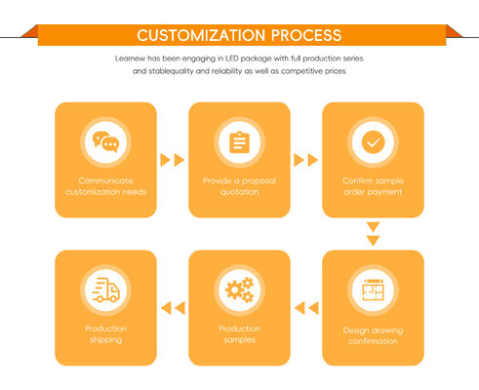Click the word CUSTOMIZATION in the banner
(201, 35)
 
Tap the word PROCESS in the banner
(306, 35)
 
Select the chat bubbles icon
(105, 142)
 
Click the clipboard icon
(239, 142)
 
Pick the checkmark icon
(373, 142)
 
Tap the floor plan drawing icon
(373, 290)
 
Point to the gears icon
(240, 290)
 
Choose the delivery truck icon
(105, 290)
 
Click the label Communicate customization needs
(105, 186)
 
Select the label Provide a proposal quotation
(240, 186)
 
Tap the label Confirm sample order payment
(373, 186)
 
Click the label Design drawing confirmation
(373, 335)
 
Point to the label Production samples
(240, 333)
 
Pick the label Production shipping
(105, 333)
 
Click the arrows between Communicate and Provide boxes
(173, 160)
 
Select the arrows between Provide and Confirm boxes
(306, 160)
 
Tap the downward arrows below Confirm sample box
(373, 234)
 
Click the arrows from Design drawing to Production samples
(306, 308)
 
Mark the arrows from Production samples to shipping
(173, 308)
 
